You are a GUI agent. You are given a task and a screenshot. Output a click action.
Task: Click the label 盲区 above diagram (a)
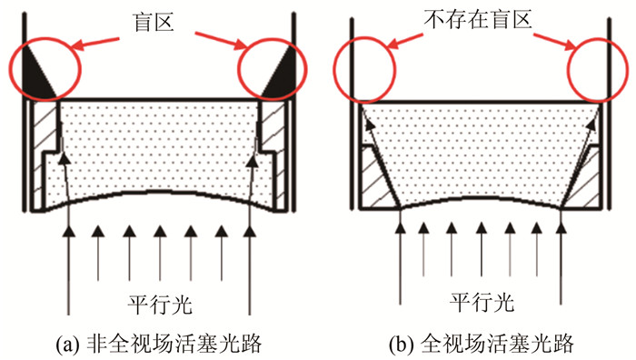(154, 23)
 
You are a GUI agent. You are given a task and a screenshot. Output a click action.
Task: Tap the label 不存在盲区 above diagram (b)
(478, 19)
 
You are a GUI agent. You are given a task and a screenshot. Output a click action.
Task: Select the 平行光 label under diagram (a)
(160, 305)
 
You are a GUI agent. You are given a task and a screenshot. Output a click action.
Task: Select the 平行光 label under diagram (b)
(482, 303)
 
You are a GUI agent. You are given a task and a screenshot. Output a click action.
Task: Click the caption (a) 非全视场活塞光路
(159, 345)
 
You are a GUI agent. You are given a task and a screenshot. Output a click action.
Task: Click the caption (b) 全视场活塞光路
(481, 345)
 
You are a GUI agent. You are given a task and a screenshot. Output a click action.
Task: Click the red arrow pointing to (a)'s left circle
(97, 43)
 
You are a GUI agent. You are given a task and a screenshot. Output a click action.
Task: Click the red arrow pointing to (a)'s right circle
(222, 41)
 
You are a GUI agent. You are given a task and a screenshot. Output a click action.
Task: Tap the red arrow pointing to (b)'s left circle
(405, 40)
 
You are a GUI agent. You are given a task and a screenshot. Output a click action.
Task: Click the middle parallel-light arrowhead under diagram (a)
(160, 232)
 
